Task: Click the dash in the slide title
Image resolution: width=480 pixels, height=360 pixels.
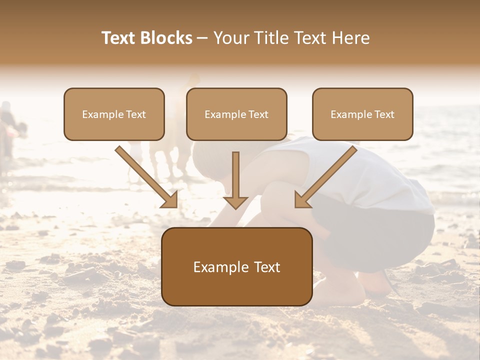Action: (x=202, y=38)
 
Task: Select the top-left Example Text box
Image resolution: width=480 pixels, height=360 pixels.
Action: (x=114, y=114)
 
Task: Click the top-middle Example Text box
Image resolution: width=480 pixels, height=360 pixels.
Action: (x=236, y=114)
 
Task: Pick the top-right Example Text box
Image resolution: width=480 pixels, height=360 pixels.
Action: (x=362, y=114)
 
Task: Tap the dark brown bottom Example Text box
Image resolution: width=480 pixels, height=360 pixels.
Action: (x=236, y=266)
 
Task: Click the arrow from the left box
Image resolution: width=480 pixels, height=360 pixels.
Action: (x=145, y=176)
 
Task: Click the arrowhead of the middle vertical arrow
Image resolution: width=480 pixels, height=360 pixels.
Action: (x=235, y=201)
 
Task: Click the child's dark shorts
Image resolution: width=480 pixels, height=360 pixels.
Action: (x=380, y=235)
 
